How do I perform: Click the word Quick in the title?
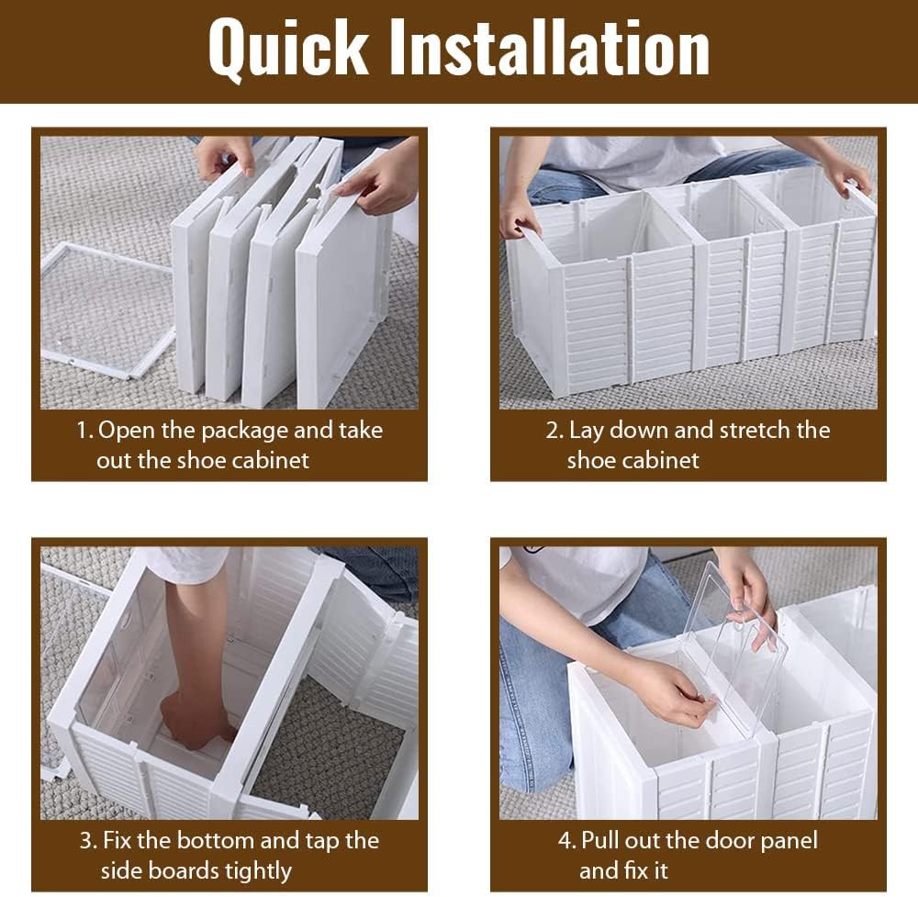[x=288, y=48]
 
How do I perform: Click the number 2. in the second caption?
[x=554, y=431]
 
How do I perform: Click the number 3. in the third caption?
[x=88, y=841]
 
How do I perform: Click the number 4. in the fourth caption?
[x=567, y=841]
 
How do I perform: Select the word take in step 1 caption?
[x=361, y=431]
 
